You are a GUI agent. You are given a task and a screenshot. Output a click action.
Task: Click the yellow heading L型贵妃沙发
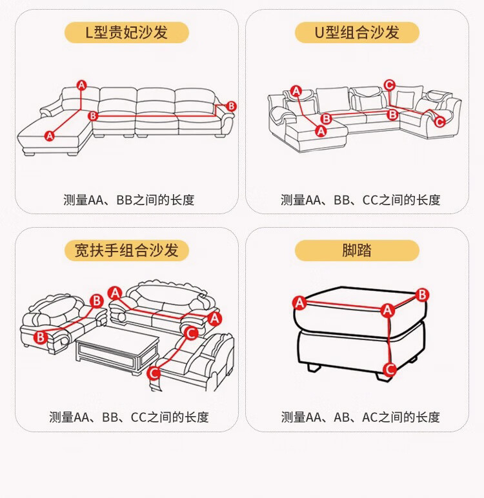coord(126,33)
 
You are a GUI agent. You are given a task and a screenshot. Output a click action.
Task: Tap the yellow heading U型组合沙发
coord(357,33)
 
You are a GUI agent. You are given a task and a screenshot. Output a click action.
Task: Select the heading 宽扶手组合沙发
coord(126,250)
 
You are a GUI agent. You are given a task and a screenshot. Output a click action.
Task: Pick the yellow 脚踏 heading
coord(357,250)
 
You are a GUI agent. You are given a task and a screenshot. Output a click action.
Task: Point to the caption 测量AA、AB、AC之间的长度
coord(360,417)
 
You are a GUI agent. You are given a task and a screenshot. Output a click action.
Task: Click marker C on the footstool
coord(389,370)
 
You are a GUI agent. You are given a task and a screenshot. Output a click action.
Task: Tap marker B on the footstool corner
coord(422,295)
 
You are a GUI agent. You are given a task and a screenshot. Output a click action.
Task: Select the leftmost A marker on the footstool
coord(299,303)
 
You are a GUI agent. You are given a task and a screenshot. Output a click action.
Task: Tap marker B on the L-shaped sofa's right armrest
coord(231,106)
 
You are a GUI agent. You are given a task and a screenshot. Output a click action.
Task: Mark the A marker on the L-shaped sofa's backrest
coord(81,85)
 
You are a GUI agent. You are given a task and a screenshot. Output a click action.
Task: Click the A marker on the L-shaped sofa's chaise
coord(50,135)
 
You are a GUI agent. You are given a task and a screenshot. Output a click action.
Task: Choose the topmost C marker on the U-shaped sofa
coord(389,85)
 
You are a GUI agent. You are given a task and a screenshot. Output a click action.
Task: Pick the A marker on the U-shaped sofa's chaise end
coord(321,130)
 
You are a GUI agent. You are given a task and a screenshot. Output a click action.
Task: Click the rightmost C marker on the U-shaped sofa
coord(439,121)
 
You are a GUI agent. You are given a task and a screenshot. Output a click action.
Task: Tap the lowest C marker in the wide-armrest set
coord(154,373)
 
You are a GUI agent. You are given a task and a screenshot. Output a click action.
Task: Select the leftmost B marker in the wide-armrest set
coord(40,336)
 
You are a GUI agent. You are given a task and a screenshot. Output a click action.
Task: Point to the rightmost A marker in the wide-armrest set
coord(215,318)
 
